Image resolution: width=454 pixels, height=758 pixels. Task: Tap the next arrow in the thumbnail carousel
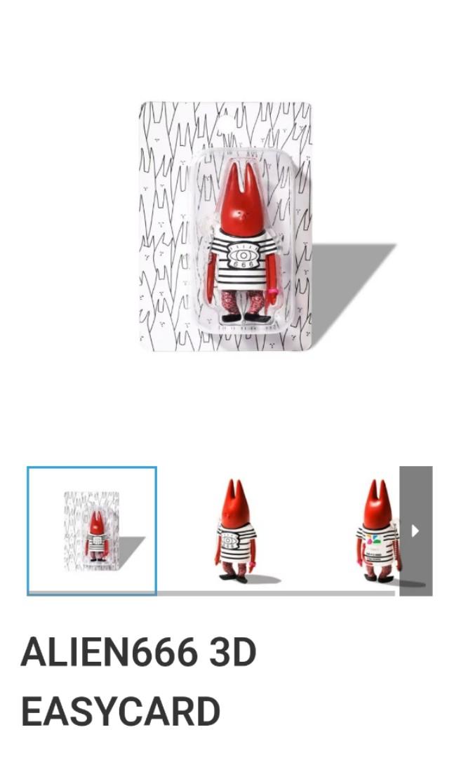tap(415, 531)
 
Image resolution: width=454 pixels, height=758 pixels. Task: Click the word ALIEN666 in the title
tap(109, 652)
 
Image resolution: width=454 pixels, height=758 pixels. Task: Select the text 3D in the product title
tap(232, 652)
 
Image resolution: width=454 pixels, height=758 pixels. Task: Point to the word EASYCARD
tap(121, 711)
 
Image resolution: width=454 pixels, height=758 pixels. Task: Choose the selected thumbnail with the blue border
tap(92, 531)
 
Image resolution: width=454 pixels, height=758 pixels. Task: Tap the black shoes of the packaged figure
tap(245, 318)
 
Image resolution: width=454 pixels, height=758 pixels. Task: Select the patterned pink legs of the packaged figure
tap(243, 302)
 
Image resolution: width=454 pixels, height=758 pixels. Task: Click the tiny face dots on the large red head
tap(241, 213)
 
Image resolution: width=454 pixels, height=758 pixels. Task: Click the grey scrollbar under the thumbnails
tap(276, 593)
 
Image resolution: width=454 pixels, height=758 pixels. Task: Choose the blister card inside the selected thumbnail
tap(92, 531)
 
